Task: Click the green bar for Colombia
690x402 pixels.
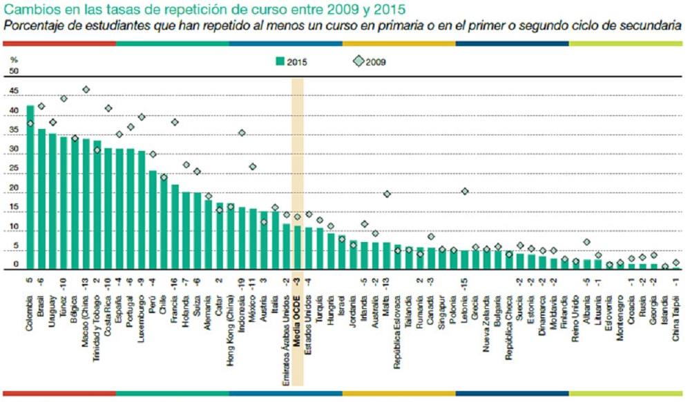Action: coord(30,187)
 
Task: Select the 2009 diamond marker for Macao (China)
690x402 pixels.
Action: coord(86,90)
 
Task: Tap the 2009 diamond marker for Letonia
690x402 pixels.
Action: coord(465,191)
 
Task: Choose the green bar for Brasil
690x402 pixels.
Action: coord(41,199)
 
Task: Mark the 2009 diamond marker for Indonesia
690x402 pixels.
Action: coord(242,133)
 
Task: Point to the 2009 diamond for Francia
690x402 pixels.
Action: coord(175,122)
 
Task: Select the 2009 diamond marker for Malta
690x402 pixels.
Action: coord(387,194)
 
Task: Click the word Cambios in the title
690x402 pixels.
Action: coord(27,10)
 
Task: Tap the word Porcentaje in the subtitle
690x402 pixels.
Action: coord(35,26)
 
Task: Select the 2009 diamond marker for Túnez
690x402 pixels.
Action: coord(64,99)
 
